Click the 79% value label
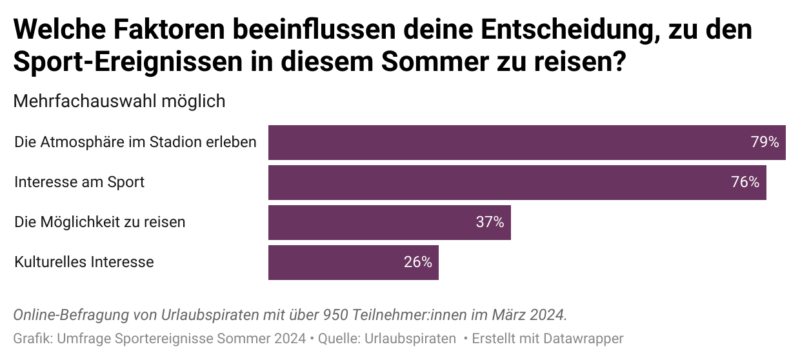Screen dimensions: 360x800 pyautogui.click(x=765, y=143)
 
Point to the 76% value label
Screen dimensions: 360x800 pyautogui.click(x=745, y=183)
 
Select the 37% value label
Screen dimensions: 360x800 pyautogui.click(x=490, y=223)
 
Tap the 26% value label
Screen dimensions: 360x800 pyautogui.click(x=417, y=263)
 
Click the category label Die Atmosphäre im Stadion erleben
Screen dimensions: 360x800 pyautogui.click(x=135, y=143)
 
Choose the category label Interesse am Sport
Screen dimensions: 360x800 pyautogui.click(x=79, y=183)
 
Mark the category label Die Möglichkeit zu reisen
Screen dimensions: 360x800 pyautogui.click(x=100, y=223)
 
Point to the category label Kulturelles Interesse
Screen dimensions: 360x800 pyautogui.click(x=84, y=263)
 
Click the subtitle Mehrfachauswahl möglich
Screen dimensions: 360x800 pyautogui.click(x=119, y=101)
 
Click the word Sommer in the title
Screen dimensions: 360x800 pyautogui.click(x=441, y=63)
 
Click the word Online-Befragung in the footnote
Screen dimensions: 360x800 pyautogui.click(x=66, y=315)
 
